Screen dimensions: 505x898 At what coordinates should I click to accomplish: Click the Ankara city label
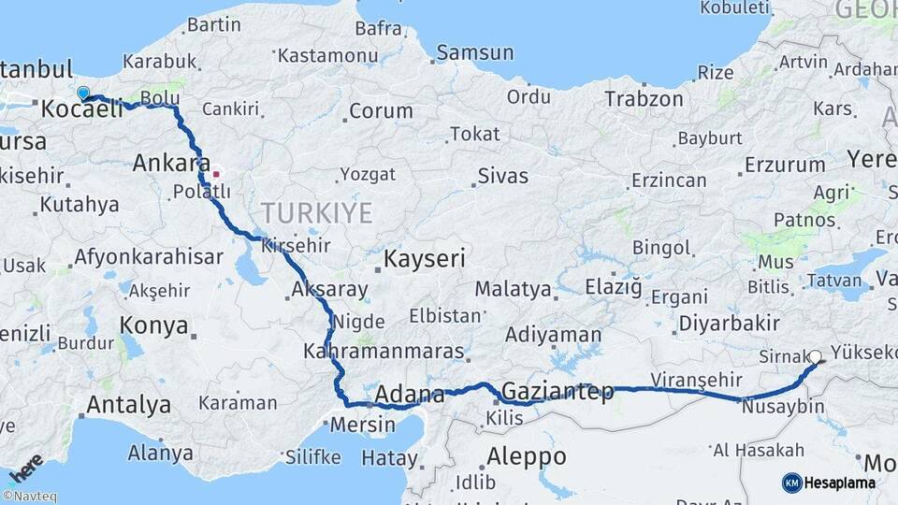pos(171,163)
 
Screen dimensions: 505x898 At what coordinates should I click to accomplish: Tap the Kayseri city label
pos(425,258)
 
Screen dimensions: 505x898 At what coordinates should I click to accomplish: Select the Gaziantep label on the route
pos(558,391)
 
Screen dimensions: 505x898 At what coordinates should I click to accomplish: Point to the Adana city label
pos(409,396)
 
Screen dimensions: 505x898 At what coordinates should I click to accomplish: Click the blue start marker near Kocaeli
pos(83,93)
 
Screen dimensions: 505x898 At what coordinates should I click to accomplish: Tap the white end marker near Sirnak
pos(816,356)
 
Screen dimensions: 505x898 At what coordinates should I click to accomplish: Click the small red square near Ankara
pos(216,173)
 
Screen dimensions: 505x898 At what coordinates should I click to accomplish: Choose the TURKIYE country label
pos(317,211)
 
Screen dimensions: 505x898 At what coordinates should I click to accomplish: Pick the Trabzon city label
pos(643,98)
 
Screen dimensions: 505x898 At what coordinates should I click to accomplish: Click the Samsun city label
pos(475,52)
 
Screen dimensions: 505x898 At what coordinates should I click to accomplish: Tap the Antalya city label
pos(128,405)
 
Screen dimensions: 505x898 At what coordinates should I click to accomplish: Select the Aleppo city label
pos(527,456)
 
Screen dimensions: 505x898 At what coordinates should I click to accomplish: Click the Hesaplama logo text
pos(840,483)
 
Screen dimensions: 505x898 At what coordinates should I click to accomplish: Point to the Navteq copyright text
pos(29,497)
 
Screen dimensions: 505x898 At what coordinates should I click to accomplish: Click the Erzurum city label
pos(782,166)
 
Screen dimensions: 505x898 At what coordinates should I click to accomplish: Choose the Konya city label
pos(154,325)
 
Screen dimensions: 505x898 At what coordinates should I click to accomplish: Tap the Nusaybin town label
pos(782,407)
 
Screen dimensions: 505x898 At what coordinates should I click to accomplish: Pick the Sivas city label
pos(502,176)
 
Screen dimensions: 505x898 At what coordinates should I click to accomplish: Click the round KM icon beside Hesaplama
pos(791,483)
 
